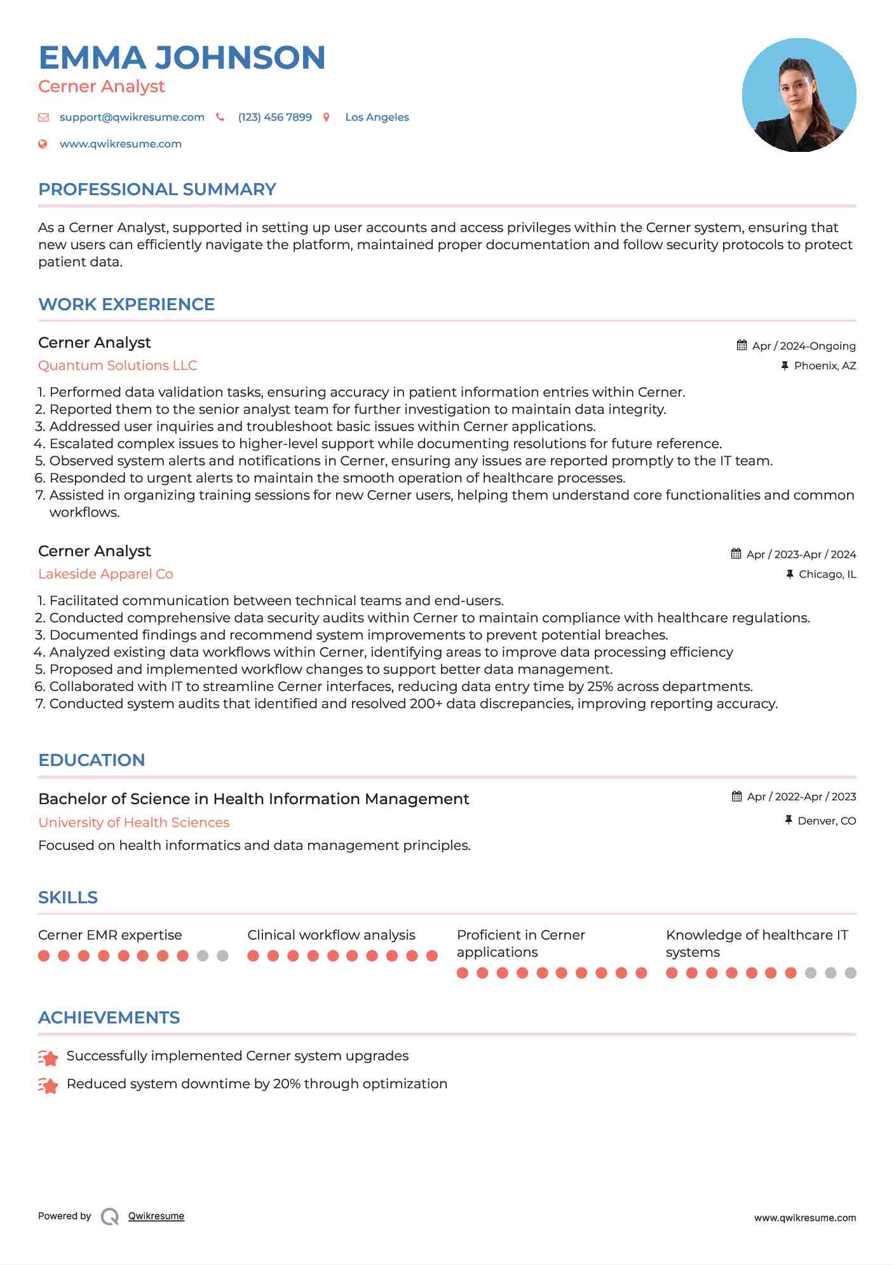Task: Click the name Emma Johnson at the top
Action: pyautogui.click(x=182, y=57)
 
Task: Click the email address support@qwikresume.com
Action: pyautogui.click(x=132, y=117)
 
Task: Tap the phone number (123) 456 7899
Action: pyautogui.click(x=274, y=117)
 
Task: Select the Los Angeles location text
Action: pyautogui.click(x=377, y=117)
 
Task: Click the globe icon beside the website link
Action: pyautogui.click(x=43, y=144)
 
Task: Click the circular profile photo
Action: pyautogui.click(x=799, y=95)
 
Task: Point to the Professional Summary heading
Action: pyautogui.click(x=157, y=189)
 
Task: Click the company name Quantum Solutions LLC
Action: pyautogui.click(x=118, y=366)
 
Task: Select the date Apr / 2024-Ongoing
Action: pyautogui.click(x=803, y=346)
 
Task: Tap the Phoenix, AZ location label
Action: pyautogui.click(x=825, y=366)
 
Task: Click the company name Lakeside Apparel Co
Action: pyautogui.click(x=105, y=574)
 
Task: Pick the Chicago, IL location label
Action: pyautogui.click(x=827, y=574)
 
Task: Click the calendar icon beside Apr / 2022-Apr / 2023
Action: pyautogui.click(x=736, y=797)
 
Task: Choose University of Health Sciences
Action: pyautogui.click(x=133, y=823)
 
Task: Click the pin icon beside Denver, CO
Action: pyautogui.click(x=788, y=821)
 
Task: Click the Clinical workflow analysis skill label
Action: pyautogui.click(x=331, y=935)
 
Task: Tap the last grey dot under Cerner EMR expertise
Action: pyautogui.click(x=222, y=955)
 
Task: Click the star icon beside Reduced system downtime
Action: pyautogui.click(x=48, y=1084)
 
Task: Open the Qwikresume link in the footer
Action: pyautogui.click(x=156, y=1216)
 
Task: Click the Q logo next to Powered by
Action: pyautogui.click(x=110, y=1217)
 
